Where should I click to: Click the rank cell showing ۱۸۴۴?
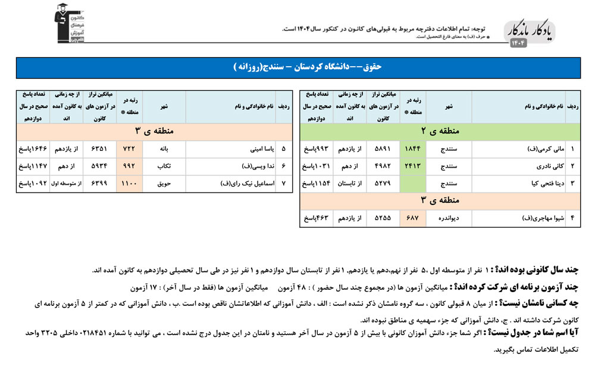(x=412, y=148)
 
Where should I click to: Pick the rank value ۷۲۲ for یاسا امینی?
(x=130, y=148)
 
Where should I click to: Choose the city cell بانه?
(x=164, y=148)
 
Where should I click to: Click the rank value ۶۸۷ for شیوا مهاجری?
(x=412, y=218)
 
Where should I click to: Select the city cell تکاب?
(x=164, y=166)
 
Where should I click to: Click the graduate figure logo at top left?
(x=65, y=24)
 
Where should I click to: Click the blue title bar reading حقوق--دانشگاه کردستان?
(x=297, y=67)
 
